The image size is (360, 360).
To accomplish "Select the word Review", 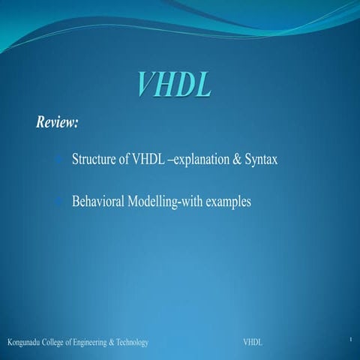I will pyautogui.click(x=57, y=123).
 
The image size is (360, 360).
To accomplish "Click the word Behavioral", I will pyautogui.click(x=100, y=202).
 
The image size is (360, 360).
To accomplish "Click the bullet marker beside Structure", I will pyautogui.click(x=61, y=160).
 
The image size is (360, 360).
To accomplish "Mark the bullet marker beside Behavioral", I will pyautogui.click(x=61, y=202).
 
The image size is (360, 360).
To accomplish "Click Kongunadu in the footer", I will pyautogui.click(x=24, y=343).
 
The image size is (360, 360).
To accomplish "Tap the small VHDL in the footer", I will pyautogui.click(x=253, y=343).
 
